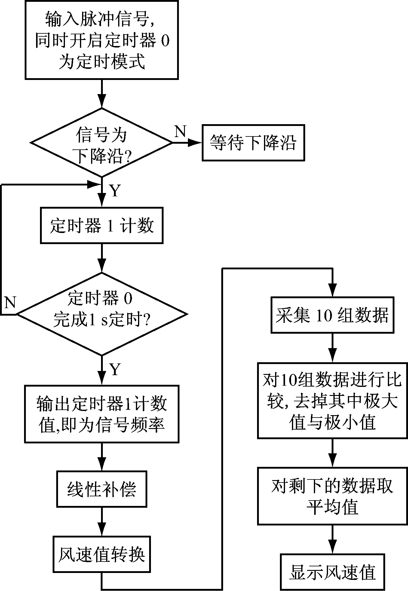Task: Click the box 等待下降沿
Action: click(253, 142)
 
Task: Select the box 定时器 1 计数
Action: click(102, 225)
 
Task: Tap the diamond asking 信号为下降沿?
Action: click(102, 142)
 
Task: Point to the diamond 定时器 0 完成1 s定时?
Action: click(102, 314)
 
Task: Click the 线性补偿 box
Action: click(102, 489)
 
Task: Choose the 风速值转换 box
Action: click(102, 554)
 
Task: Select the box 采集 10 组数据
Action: click(332, 315)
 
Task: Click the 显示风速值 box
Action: click(332, 572)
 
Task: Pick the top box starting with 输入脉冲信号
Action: click(102, 40)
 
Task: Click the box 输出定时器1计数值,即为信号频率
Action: click(102, 414)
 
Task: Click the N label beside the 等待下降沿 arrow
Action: click(180, 132)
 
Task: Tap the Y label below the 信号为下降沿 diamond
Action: click(115, 191)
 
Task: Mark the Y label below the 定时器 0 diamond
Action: click(115, 369)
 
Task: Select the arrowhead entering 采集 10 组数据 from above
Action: click(332, 292)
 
